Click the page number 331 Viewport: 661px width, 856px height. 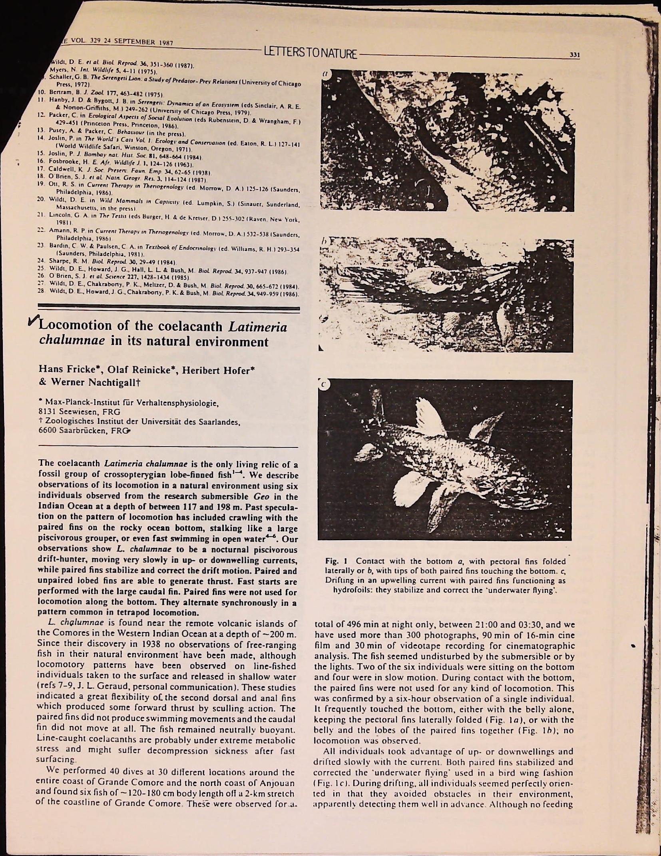pyautogui.click(x=574, y=55)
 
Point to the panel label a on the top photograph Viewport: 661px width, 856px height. pyautogui.click(x=326, y=74)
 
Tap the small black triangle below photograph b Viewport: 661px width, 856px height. pyautogui.click(x=320, y=348)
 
